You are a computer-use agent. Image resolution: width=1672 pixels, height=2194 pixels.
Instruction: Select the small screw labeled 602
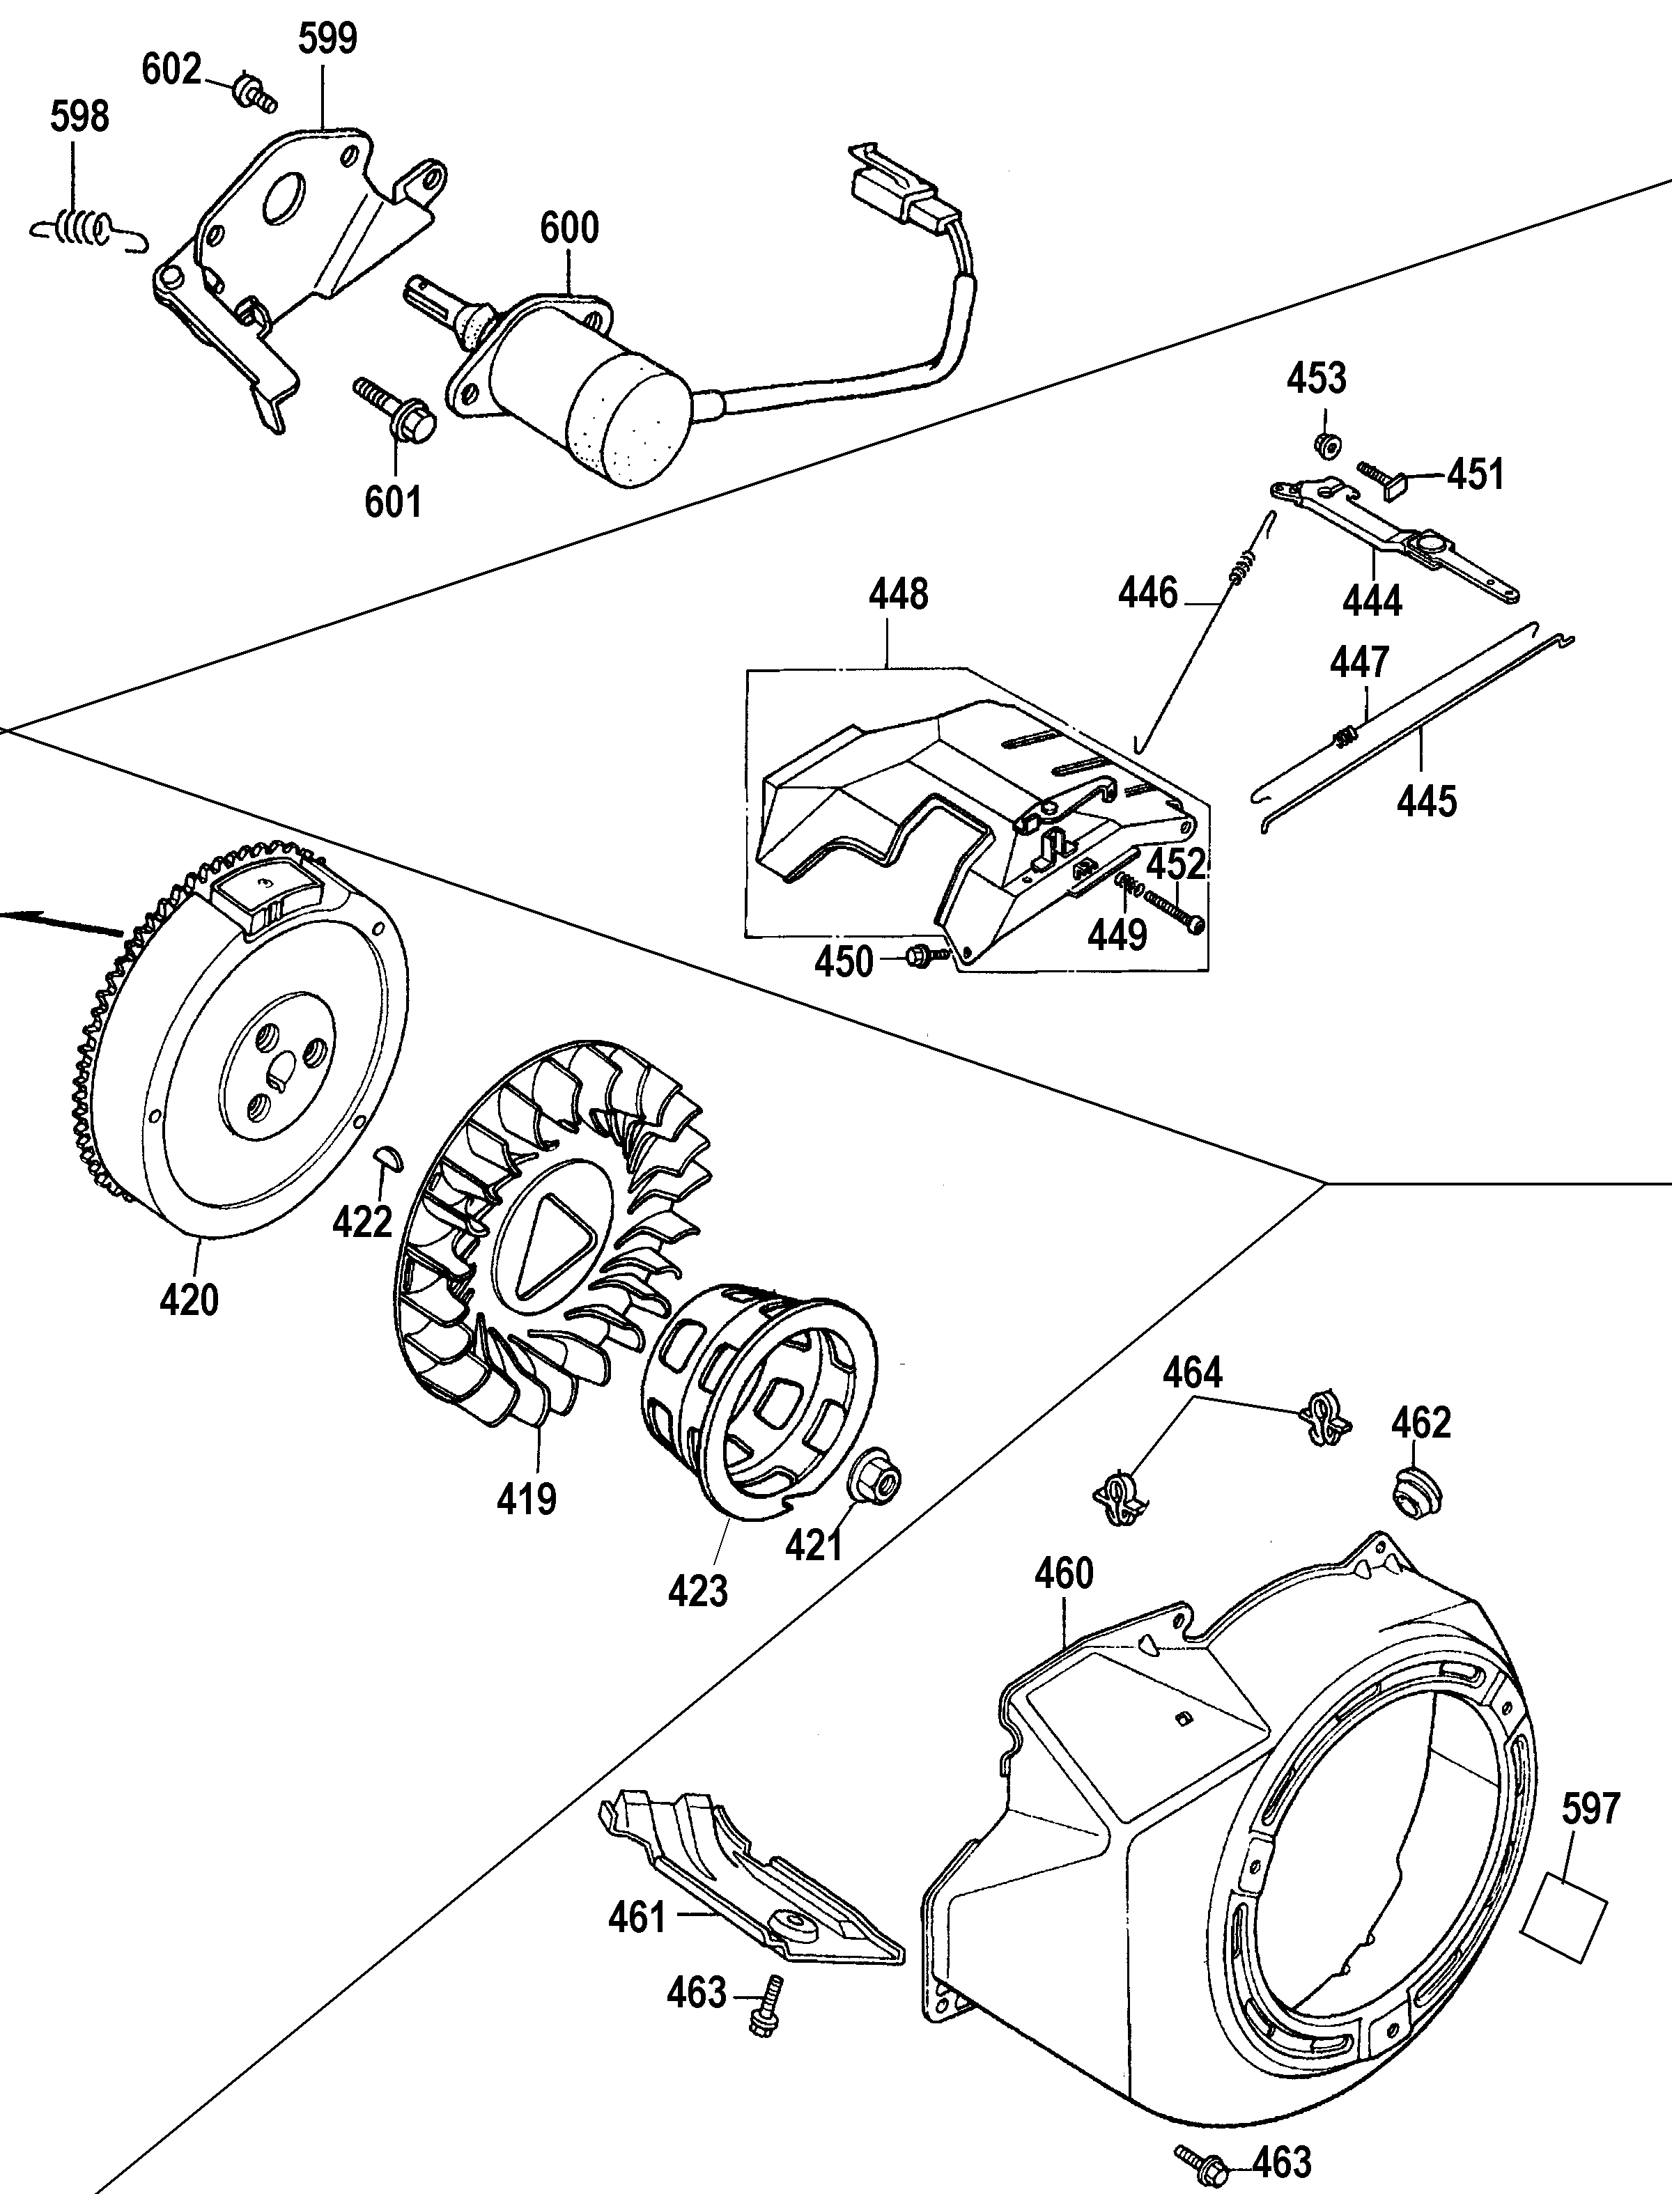click(251, 93)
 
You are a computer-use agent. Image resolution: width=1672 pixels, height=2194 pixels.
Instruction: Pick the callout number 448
click(898, 594)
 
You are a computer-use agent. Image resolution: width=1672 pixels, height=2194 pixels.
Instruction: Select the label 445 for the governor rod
click(1426, 801)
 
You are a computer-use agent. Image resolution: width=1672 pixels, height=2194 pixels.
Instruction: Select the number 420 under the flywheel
click(188, 1300)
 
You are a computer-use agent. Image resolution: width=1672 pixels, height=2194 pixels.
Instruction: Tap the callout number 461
click(636, 1917)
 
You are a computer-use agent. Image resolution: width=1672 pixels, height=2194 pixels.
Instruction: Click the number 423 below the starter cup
click(697, 1591)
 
